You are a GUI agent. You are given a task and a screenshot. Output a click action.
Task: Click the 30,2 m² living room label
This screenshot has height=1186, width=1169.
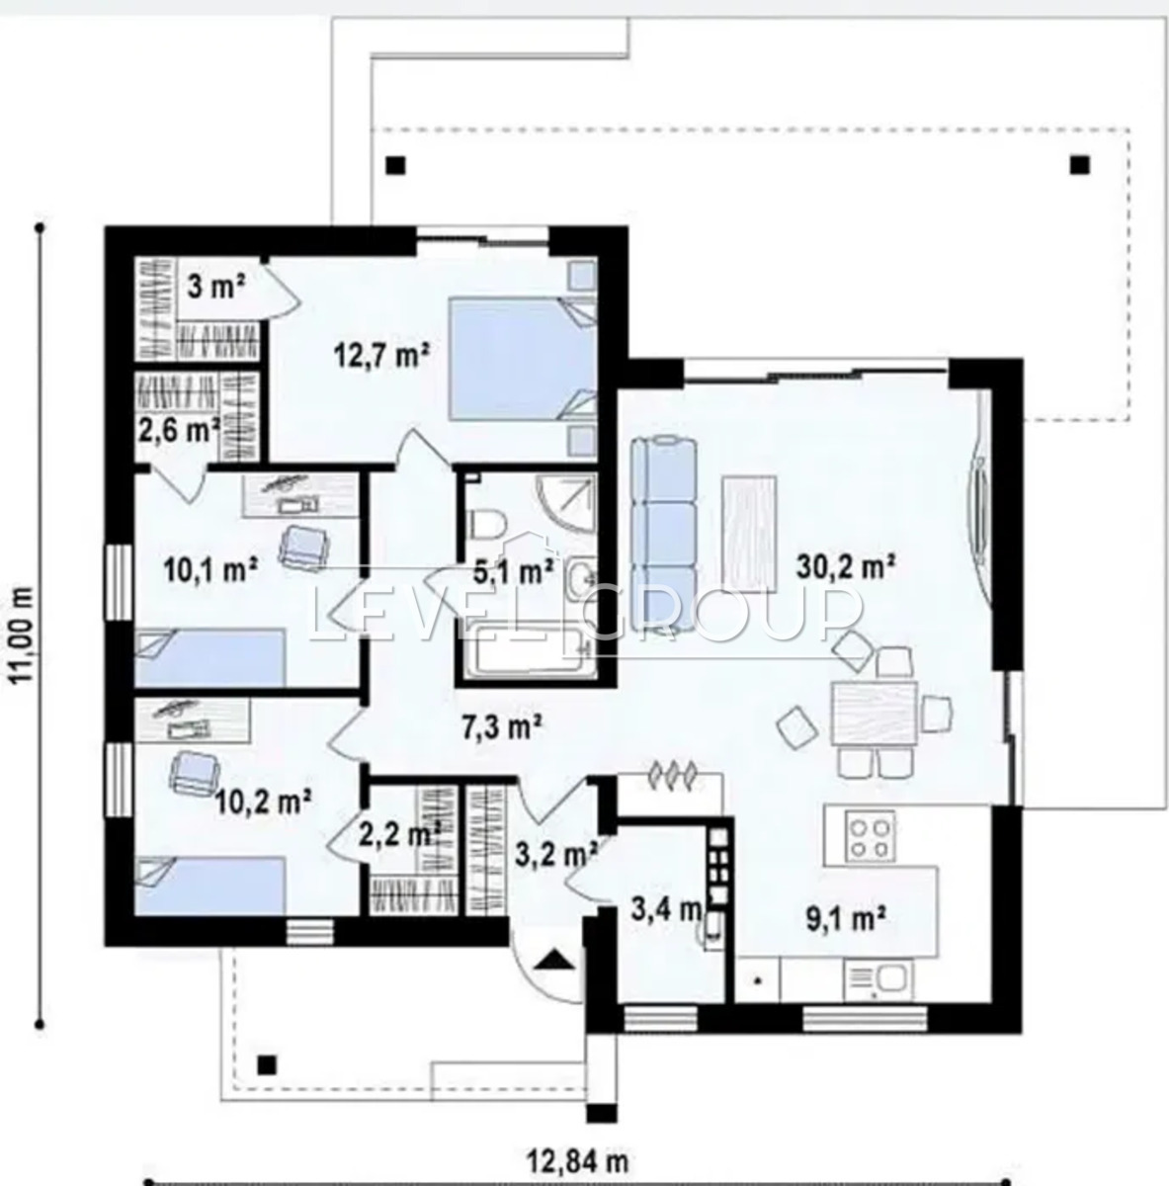(845, 567)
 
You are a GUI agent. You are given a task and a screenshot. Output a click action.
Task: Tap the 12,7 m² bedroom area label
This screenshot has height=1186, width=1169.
(381, 355)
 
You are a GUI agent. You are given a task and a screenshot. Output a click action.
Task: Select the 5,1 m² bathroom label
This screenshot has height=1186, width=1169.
(513, 572)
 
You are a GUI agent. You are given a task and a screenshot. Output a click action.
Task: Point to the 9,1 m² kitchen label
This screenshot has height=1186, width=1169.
(846, 920)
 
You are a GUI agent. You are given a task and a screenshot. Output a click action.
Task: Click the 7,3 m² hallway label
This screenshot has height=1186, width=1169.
(501, 728)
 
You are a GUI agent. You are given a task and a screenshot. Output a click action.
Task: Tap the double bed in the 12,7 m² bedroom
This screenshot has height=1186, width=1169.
(523, 359)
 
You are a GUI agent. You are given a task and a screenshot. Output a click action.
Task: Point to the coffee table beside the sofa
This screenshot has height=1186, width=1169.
(750, 535)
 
